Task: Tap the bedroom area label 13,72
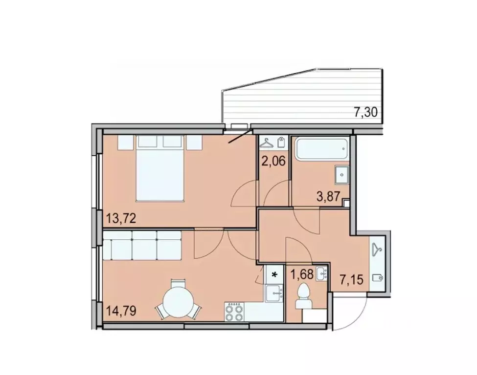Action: [120, 217]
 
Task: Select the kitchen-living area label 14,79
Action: [120, 310]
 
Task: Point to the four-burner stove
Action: [235, 311]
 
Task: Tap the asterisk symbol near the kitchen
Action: [274, 274]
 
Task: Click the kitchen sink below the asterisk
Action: [274, 293]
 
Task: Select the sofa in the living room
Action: [142, 247]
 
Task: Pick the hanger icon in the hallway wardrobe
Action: [377, 250]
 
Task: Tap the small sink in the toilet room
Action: [321, 274]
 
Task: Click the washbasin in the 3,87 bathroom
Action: [341, 174]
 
